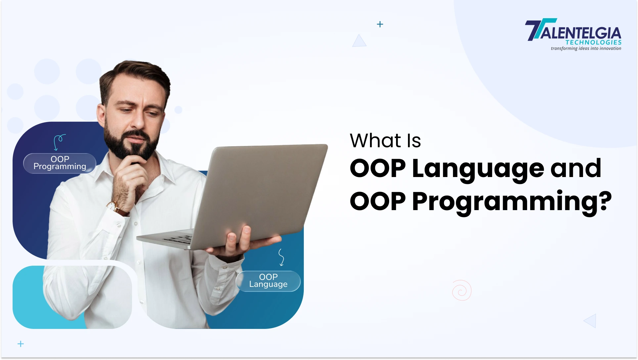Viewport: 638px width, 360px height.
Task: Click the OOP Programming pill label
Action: click(x=60, y=163)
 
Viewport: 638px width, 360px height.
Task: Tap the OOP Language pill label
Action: click(x=268, y=281)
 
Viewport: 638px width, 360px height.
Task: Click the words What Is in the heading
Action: click(x=385, y=141)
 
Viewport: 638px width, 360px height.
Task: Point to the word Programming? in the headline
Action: click(x=512, y=202)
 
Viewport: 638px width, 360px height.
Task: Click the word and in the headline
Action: click(x=575, y=168)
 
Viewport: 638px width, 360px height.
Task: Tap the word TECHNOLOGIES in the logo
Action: click(x=593, y=42)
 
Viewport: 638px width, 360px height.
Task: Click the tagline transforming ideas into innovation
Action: click(x=586, y=49)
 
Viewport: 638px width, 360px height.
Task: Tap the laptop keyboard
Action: click(x=179, y=239)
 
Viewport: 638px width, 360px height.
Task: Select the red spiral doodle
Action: click(x=462, y=291)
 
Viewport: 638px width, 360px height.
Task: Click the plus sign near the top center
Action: click(x=380, y=24)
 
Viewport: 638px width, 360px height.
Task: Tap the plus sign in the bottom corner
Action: click(x=21, y=344)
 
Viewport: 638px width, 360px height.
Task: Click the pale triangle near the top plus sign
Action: click(x=359, y=41)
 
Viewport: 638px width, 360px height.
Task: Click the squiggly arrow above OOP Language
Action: click(x=281, y=257)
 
